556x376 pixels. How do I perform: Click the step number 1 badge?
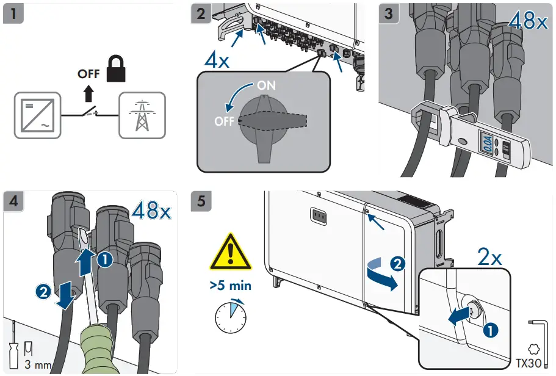13,13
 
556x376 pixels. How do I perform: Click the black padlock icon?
116,69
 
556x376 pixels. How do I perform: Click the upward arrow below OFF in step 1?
89,92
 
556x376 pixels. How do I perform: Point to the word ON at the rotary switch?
265,85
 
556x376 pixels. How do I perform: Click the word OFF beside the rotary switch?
224,121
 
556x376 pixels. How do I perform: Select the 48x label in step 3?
528,21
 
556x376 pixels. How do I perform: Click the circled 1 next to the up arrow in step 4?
106,259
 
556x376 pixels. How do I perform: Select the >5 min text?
230,286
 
